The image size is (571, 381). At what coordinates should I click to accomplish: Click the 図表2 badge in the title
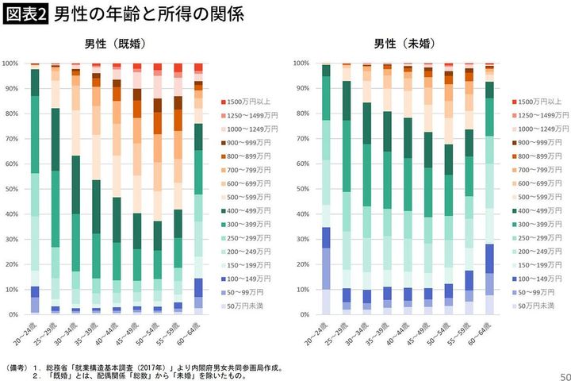coord(27,13)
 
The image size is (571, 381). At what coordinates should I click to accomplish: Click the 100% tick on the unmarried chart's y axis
coord(303,63)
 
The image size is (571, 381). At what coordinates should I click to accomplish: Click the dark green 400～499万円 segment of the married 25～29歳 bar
coord(55,140)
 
